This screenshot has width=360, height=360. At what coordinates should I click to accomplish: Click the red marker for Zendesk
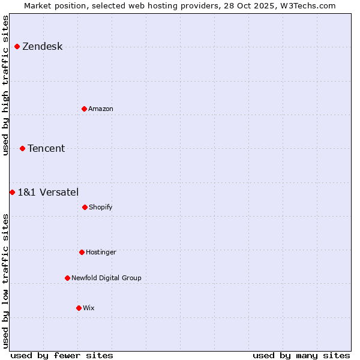[x=17, y=46]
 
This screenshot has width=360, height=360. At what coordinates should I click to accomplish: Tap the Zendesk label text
[x=42, y=47]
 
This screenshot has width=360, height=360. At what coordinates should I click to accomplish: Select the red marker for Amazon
[x=84, y=109]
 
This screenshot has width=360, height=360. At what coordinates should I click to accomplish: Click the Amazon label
[x=101, y=109]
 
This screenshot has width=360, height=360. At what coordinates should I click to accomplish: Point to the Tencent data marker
[x=22, y=148]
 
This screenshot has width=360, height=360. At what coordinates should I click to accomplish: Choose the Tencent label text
[x=46, y=149]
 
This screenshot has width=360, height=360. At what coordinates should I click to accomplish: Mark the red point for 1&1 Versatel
[x=12, y=192]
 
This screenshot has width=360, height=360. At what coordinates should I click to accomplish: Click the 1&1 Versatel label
[x=48, y=193]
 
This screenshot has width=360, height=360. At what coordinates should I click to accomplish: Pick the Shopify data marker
[x=85, y=207]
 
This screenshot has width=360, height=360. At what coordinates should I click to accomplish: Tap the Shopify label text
[x=101, y=208]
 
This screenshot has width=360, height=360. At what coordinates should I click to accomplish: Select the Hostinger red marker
[x=82, y=252]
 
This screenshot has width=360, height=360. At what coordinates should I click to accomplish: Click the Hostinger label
[x=101, y=253]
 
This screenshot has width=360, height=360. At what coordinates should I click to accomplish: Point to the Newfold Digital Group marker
[x=67, y=278]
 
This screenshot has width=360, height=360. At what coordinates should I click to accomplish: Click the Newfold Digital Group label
[x=106, y=278]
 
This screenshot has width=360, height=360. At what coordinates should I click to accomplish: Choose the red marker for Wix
[x=79, y=308]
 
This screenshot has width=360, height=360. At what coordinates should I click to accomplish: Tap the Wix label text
[x=89, y=308]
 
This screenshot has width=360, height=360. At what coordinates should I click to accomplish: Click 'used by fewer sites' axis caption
[x=62, y=355]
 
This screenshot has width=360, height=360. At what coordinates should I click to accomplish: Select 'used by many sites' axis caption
[x=301, y=355]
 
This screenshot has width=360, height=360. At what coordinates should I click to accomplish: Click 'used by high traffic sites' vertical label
[x=6, y=85]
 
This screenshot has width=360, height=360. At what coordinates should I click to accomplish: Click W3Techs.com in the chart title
[x=310, y=5]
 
